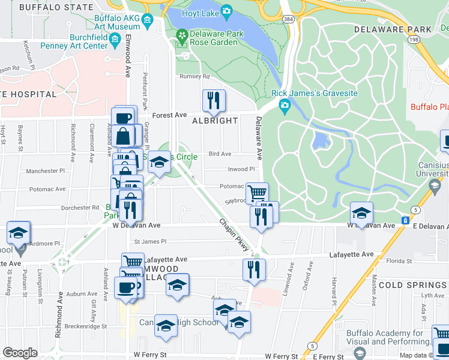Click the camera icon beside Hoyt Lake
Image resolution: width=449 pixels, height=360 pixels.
[x=226, y=10]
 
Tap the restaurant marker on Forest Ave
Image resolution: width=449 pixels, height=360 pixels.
[x=212, y=100]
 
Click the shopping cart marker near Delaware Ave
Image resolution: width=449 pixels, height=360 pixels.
[x=257, y=193]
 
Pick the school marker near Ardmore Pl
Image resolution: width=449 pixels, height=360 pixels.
[x=18, y=232]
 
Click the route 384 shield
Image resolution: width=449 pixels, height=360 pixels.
[x=289, y=19]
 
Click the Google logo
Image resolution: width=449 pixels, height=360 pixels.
[x=20, y=352]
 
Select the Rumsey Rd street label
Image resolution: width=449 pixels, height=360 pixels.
[x=195, y=77]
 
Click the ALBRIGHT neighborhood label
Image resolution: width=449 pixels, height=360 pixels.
[x=215, y=121]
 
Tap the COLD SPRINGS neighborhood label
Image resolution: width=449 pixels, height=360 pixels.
[x=413, y=284]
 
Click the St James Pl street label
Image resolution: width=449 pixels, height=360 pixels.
[x=149, y=242]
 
